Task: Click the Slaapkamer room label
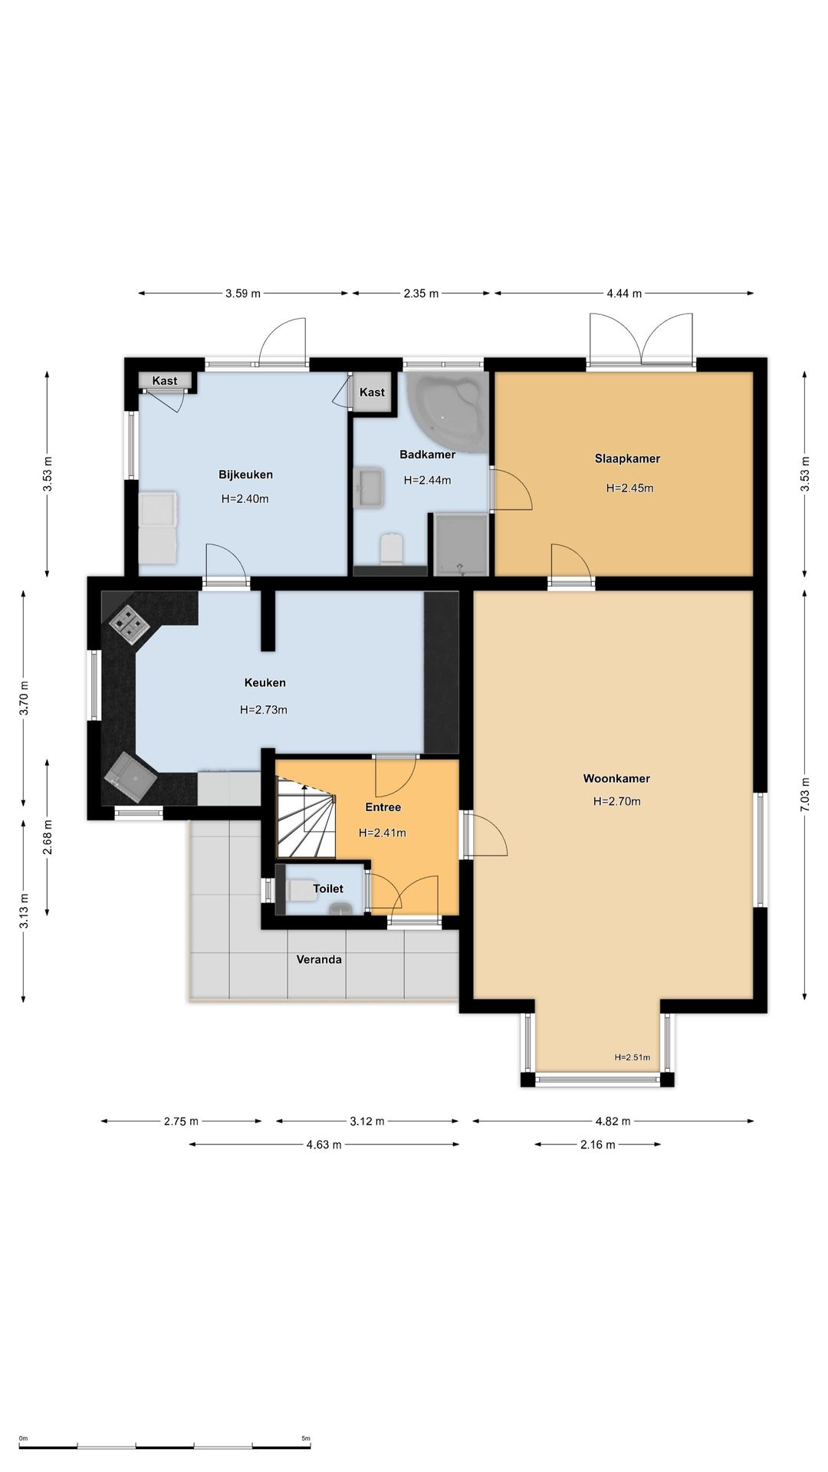(627, 458)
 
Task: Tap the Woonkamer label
(616, 778)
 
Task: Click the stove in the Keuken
(129, 623)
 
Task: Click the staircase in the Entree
(307, 818)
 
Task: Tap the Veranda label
(319, 959)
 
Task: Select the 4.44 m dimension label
(624, 293)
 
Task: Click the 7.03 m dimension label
(804, 795)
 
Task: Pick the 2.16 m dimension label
(597, 1145)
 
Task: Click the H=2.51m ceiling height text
(632, 1057)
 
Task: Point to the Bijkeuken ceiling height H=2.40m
(245, 498)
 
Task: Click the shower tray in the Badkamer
(461, 544)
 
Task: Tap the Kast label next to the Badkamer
(372, 392)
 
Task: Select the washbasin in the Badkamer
(369, 488)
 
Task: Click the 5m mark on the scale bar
(306, 1438)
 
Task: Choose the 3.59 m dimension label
(243, 293)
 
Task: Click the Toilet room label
(328, 889)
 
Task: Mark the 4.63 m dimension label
(324, 1145)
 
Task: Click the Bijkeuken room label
(245, 475)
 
